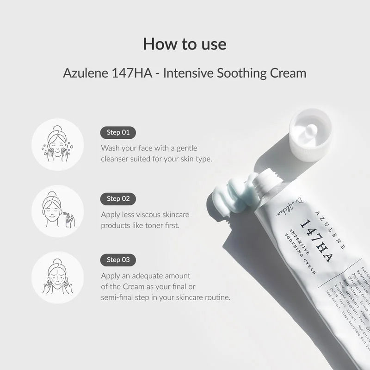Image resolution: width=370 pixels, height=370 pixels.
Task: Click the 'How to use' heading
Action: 185,44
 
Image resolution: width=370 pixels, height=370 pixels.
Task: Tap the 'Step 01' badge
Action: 118,133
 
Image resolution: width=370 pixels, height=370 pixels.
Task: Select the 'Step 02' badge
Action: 118,199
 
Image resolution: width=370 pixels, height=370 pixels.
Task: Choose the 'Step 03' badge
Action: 118,259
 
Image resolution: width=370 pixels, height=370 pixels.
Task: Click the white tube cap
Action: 310,134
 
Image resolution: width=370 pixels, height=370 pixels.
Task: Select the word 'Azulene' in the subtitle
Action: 86,74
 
